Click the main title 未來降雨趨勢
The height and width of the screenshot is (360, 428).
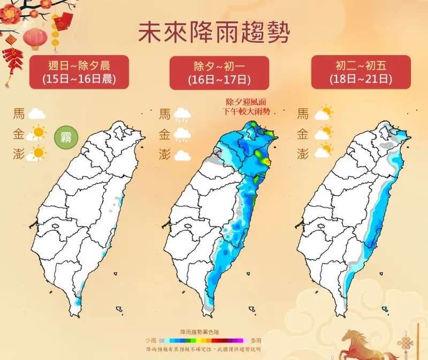[214, 33]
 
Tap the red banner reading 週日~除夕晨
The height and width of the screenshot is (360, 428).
[79, 72]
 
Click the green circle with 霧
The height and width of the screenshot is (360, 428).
[67, 137]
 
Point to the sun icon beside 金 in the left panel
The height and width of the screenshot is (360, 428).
[37, 132]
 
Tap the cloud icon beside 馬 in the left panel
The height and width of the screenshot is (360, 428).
[36, 113]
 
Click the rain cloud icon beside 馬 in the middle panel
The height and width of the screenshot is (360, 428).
[182, 114]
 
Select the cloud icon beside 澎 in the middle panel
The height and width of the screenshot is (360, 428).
[182, 156]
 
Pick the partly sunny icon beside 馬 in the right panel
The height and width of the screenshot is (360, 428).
[323, 113]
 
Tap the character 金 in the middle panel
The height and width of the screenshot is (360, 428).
[165, 134]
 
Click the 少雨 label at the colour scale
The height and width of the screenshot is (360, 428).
[151, 340]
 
